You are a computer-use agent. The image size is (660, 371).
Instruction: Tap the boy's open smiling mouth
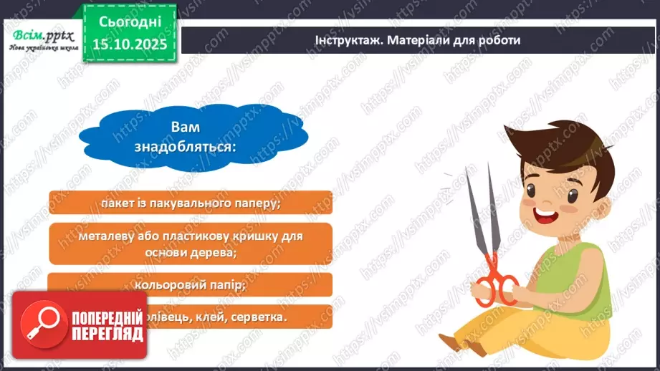tap(547, 215)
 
